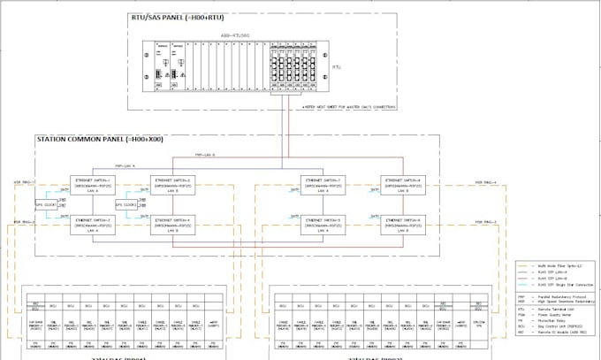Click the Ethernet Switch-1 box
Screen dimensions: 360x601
pos(95,184)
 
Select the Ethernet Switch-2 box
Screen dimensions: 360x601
pos(175,184)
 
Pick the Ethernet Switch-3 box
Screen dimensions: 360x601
pos(95,224)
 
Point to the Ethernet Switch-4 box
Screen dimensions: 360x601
pos(175,224)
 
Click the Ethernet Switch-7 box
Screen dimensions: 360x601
pos(324,184)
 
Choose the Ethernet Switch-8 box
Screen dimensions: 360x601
pos(404,184)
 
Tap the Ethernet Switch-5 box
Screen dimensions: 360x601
pos(324,224)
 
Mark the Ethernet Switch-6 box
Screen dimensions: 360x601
pos(404,224)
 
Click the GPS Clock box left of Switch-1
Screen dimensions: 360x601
pos(45,204)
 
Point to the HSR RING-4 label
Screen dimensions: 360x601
pos(484,184)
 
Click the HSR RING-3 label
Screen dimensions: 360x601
pos(484,223)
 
